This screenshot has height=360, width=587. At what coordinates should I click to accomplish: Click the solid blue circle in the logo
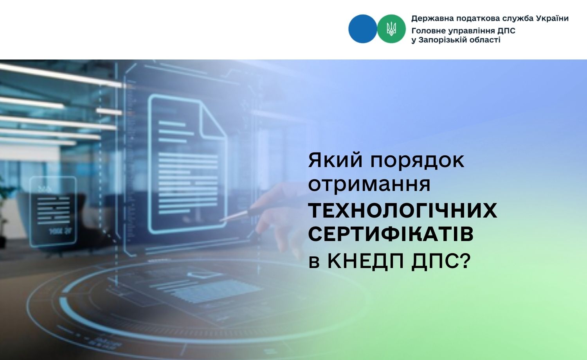tap(363, 29)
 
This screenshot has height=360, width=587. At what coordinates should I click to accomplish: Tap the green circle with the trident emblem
tap(391, 29)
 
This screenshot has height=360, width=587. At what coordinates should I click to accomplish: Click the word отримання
tap(369, 185)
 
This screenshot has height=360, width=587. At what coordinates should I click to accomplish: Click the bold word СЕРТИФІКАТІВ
tap(391, 234)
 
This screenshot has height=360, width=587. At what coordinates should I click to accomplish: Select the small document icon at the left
tap(53, 212)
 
